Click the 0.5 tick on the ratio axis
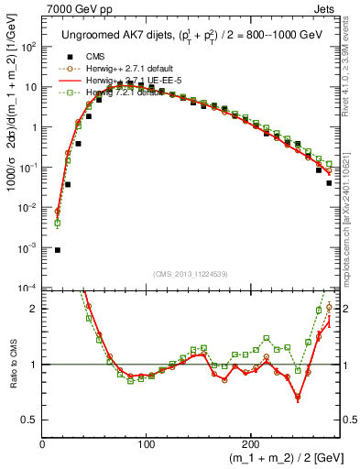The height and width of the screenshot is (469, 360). click(29, 420)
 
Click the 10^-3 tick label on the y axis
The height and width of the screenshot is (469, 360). click(28, 248)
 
